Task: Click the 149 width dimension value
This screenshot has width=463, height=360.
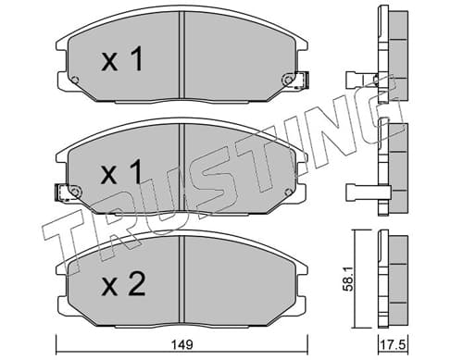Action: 183,344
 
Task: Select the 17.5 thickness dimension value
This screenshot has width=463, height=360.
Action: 394,345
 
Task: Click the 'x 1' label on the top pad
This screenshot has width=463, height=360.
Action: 122,58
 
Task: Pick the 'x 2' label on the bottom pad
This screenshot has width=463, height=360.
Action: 123,285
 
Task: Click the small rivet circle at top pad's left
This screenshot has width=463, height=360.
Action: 75,80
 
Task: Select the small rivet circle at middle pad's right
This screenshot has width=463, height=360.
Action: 288,192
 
